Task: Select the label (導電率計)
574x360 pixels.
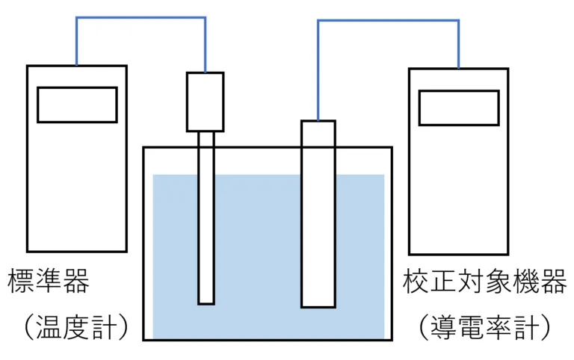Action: [484, 326]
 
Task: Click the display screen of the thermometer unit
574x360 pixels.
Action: [77, 105]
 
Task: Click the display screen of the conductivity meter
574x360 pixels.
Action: [458, 108]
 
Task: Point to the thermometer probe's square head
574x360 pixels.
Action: [205, 102]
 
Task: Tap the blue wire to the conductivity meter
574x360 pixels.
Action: [389, 21]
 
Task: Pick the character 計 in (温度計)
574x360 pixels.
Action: [112, 326]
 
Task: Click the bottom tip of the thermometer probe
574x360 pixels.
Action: [206, 300]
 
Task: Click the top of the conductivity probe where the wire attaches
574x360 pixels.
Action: [318, 123]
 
